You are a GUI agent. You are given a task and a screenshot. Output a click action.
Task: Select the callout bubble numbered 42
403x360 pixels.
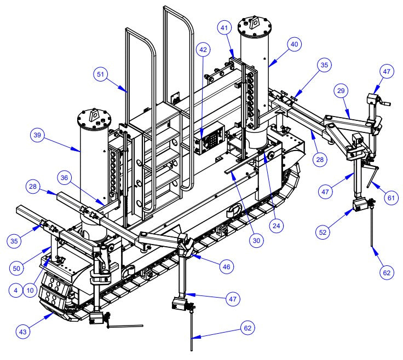[x=204, y=50]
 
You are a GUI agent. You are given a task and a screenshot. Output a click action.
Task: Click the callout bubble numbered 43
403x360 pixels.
[x=22, y=330]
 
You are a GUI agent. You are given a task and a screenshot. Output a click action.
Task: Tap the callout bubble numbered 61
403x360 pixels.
[x=390, y=198]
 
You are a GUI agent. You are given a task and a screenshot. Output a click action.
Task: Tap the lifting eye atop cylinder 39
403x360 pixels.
[x=94, y=115]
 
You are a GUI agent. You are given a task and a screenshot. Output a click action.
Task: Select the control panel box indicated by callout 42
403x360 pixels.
[x=211, y=140]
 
